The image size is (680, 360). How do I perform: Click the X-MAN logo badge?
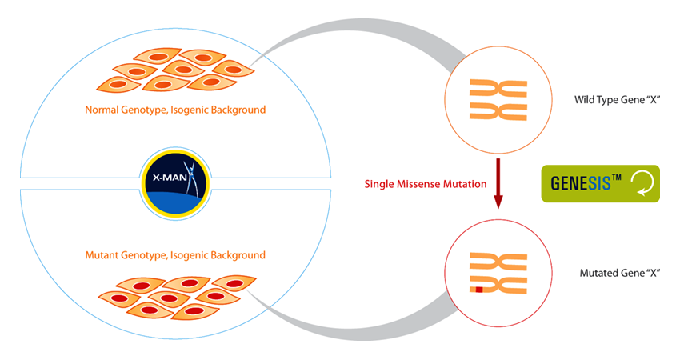pos(174,177)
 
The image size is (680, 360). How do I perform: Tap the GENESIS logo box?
pos(600,183)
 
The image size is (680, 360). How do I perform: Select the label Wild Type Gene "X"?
pos(616,100)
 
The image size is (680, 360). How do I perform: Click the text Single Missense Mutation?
pos(425,184)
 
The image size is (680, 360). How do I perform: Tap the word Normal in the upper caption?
pos(102,109)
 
